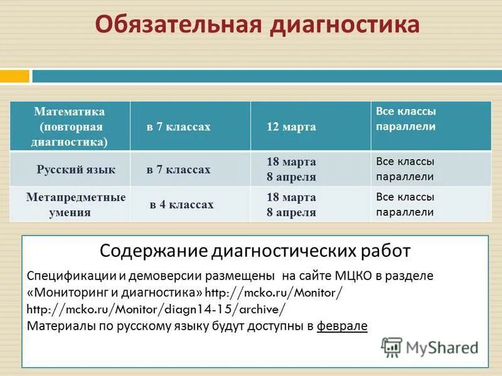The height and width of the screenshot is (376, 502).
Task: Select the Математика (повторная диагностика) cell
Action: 70,127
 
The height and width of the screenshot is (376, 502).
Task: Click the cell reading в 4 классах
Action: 181,204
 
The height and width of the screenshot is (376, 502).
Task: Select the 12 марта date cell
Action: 291,127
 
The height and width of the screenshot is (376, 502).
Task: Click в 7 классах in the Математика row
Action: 179,127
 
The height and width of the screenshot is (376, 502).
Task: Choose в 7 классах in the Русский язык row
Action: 179,169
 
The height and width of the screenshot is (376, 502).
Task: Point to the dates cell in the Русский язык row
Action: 291,169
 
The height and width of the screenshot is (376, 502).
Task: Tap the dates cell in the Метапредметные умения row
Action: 291,204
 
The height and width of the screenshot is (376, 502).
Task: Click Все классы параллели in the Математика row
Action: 405,118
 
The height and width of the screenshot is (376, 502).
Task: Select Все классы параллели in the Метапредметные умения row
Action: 405,204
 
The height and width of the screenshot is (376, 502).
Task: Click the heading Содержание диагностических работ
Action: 255,251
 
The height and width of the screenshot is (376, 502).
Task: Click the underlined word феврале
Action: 342,326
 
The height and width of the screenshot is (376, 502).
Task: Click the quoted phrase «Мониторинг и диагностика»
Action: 115,293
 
